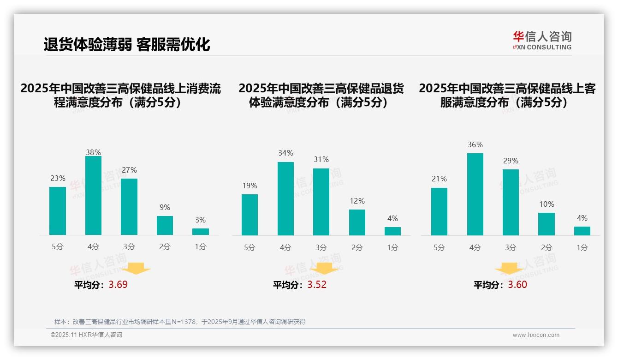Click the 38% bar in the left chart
(x=93, y=196)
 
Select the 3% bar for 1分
(x=201, y=232)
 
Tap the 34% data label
(x=285, y=153)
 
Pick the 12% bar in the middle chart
(x=357, y=222)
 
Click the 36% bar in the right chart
(x=475, y=194)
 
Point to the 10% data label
(x=547, y=204)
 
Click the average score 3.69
(x=118, y=285)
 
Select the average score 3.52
(x=317, y=285)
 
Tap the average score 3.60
(x=517, y=285)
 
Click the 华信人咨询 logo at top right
(x=542, y=40)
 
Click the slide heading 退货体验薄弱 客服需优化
(x=127, y=44)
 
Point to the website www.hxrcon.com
(x=535, y=335)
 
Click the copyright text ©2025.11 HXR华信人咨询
(x=86, y=335)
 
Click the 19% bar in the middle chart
(x=250, y=215)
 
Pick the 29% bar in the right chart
(x=511, y=202)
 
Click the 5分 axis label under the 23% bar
(x=58, y=247)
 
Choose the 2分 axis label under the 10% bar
(x=547, y=248)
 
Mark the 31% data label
(x=321, y=159)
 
